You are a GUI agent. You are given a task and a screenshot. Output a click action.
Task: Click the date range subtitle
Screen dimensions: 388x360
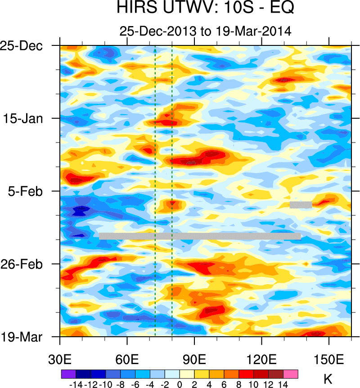205,31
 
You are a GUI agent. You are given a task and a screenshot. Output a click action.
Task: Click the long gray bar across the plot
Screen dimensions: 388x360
200,236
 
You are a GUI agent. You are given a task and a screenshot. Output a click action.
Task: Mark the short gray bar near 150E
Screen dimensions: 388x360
301,205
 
